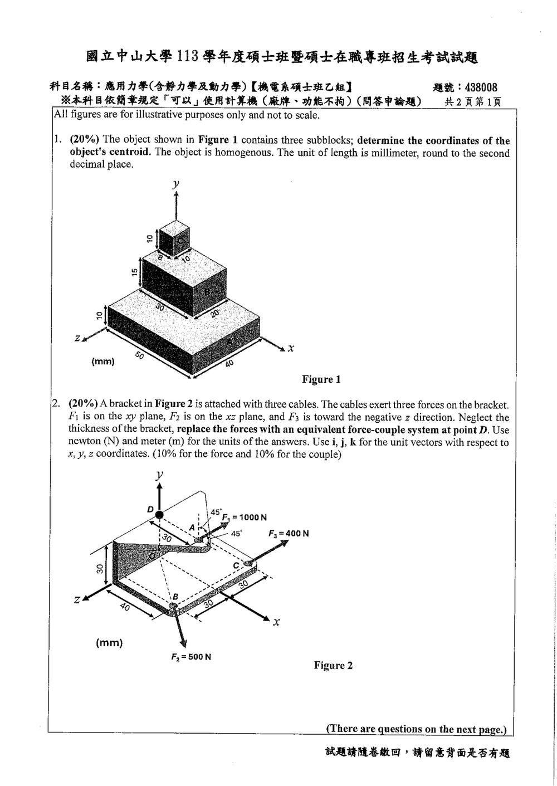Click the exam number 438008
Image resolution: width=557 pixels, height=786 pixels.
[x=481, y=87]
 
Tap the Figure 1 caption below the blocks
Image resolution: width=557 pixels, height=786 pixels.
[x=321, y=379]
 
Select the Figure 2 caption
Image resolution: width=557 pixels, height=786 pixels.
[x=333, y=665]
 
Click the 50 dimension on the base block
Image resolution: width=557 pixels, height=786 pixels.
[x=140, y=355]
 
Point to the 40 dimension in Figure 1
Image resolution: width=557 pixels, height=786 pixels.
[x=229, y=363]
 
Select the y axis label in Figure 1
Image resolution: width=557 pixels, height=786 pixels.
[x=176, y=183]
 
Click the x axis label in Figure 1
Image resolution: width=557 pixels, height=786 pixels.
[x=291, y=348]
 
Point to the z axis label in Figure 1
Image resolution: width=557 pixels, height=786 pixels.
[x=77, y=338]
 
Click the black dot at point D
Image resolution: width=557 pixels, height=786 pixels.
[x=159, y=514]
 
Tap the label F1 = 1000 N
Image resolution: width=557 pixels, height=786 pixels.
[x=244, y=517]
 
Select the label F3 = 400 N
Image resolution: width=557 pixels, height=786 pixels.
[x=289, y=533]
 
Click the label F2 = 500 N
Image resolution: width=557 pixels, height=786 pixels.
[x=191, y=657]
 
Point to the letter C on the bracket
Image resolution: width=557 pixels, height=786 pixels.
[x=236, y=565]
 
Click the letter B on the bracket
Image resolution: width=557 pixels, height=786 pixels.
[x=175, y=597]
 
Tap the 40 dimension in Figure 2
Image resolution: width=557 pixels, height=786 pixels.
[x=125, y=606]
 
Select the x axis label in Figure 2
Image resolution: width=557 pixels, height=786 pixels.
[x=276, y=622]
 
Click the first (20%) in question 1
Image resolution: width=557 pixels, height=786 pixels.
[x=84, y=139]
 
